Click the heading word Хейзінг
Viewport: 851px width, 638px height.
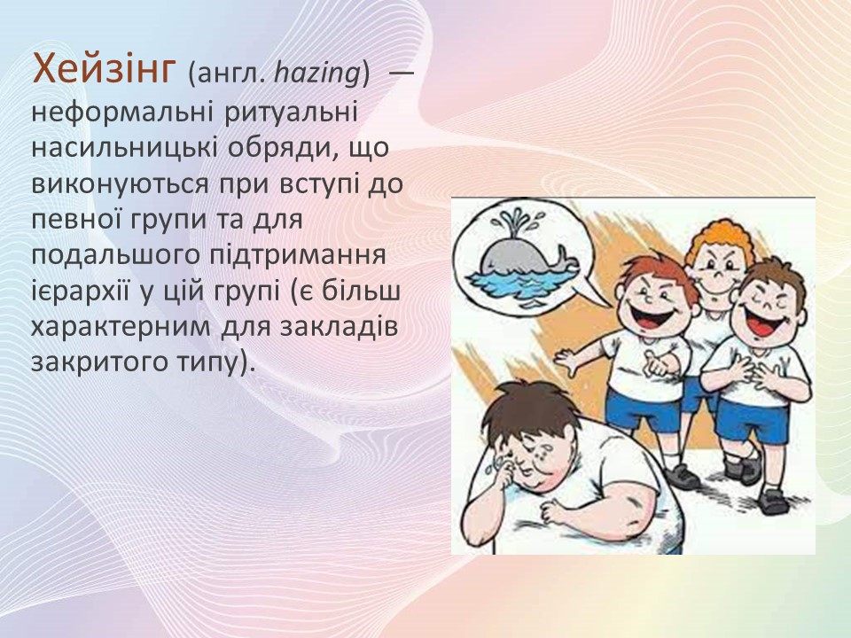tap(102, 69)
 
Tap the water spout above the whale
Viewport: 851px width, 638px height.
tap(511, 222)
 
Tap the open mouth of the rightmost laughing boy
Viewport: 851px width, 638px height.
tap(761, 321)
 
